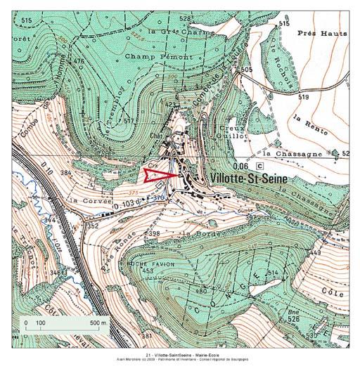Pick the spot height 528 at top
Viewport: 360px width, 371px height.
185,18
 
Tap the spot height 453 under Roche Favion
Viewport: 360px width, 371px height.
147,270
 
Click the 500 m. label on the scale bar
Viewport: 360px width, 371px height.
98,323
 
